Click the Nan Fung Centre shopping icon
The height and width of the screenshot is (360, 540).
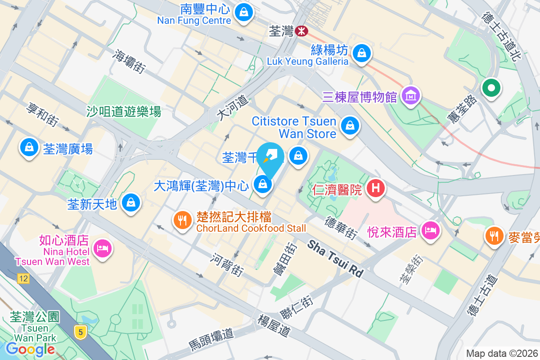[x=243, y=12]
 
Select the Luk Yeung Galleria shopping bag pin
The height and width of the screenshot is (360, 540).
[x=361, y=53]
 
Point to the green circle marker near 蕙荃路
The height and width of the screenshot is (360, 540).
[x=491, y=88]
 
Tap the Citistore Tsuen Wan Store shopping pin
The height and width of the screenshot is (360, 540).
[x=350, y=126]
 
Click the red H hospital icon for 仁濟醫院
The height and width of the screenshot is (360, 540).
[x=375, y=188]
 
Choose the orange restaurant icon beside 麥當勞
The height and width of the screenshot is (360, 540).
[x=495, y=235]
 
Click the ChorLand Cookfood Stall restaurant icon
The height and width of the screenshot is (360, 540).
[x=182, y=220]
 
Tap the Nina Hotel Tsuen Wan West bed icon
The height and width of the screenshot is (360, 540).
[x=103, y=248]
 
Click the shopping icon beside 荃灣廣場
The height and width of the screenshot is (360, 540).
[x=29, y=148]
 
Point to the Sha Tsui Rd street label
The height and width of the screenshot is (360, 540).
[x=336, y=259]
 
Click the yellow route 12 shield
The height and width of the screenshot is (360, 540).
[x=23, y=279]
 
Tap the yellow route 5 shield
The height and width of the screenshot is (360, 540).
[x=81, y=332]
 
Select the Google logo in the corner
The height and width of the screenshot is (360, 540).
[x=30, y=349]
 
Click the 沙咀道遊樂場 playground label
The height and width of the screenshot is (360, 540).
[x=124, y=111]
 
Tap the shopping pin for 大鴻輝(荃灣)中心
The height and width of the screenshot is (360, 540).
[x=262, y=184]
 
